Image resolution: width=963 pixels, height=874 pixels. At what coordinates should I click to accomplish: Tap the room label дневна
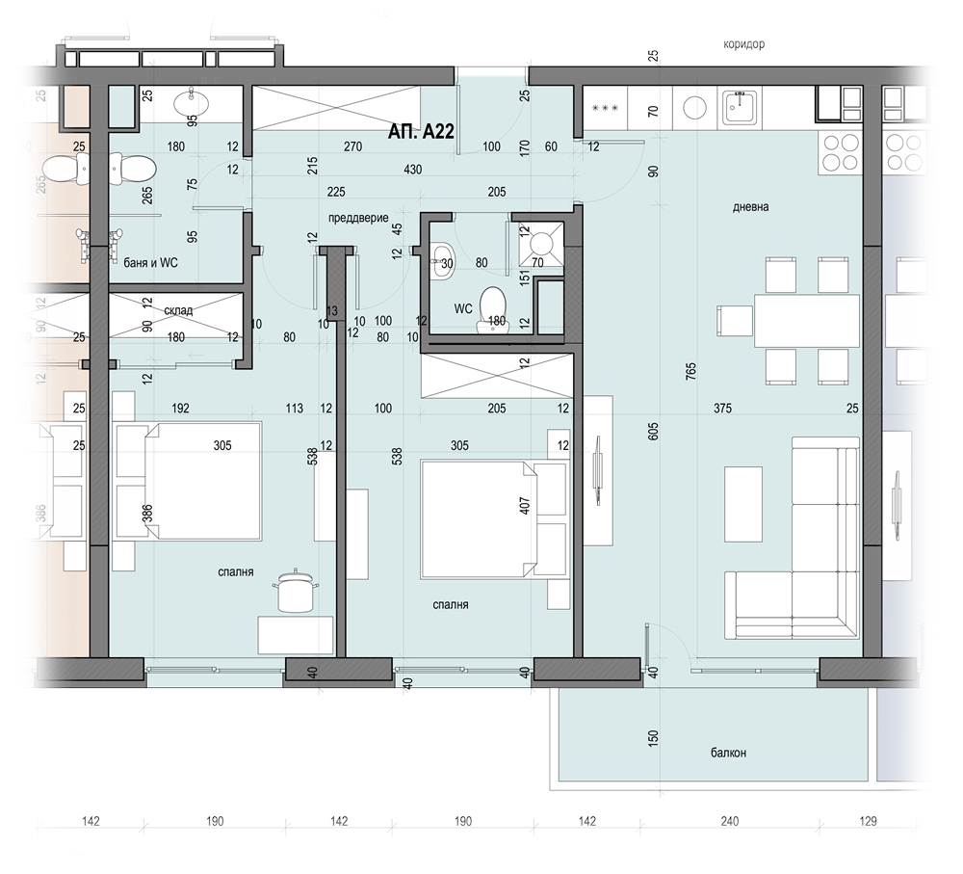coord(750,206)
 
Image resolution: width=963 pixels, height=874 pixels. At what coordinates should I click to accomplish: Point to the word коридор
coord(743,44)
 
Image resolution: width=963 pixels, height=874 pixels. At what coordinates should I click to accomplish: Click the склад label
coord(178,309)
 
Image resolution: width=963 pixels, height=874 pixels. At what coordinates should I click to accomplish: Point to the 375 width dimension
coord(722,409)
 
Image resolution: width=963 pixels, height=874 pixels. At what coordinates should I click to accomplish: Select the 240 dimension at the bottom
coord(729,822)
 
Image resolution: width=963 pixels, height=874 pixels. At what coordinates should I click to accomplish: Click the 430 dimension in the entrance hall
coord(411,170)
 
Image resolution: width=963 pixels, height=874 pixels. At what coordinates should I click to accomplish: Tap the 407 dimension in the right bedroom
coord(525,505)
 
